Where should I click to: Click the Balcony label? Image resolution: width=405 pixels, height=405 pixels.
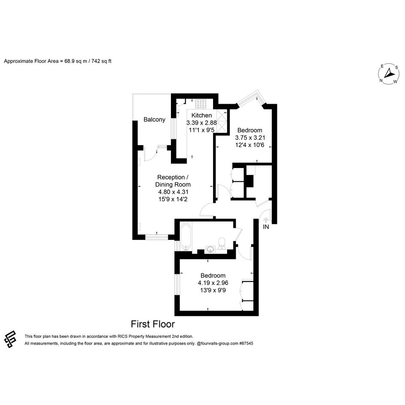pos(154,120)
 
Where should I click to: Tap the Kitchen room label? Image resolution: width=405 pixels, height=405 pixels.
pos(201,115)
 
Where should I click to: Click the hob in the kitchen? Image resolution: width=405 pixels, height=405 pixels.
pos(201,104)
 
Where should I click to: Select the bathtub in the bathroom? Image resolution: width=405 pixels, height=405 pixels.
pos(186,237)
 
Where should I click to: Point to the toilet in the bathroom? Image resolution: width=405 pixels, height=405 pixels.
pos(222,243)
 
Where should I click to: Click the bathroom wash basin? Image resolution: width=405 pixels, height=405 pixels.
pos(210,249)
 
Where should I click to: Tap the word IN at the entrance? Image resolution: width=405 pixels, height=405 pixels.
pos(266,227)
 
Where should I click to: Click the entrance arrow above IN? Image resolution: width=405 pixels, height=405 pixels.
pos(266,220)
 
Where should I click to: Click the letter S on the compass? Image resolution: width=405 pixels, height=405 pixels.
pos(396,67)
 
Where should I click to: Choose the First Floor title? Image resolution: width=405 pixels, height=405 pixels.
pos(153,324)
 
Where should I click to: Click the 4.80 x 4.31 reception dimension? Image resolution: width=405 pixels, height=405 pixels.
pos(173,192)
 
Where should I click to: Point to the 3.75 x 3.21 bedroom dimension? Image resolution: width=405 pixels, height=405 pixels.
pos(250,138)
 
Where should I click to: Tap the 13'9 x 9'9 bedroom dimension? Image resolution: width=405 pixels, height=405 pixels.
pos(213,290)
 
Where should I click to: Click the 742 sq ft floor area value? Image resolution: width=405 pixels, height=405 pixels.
pos(102,61)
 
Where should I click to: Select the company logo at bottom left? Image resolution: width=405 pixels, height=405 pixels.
pos(10,339)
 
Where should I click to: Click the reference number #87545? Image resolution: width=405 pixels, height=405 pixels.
pos(246,344)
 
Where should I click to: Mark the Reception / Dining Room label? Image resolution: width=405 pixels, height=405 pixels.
pos(173,181)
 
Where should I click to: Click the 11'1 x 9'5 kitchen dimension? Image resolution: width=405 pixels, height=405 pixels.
pos(201,130)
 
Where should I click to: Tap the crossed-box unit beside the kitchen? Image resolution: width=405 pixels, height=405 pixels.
pos(222,121)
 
